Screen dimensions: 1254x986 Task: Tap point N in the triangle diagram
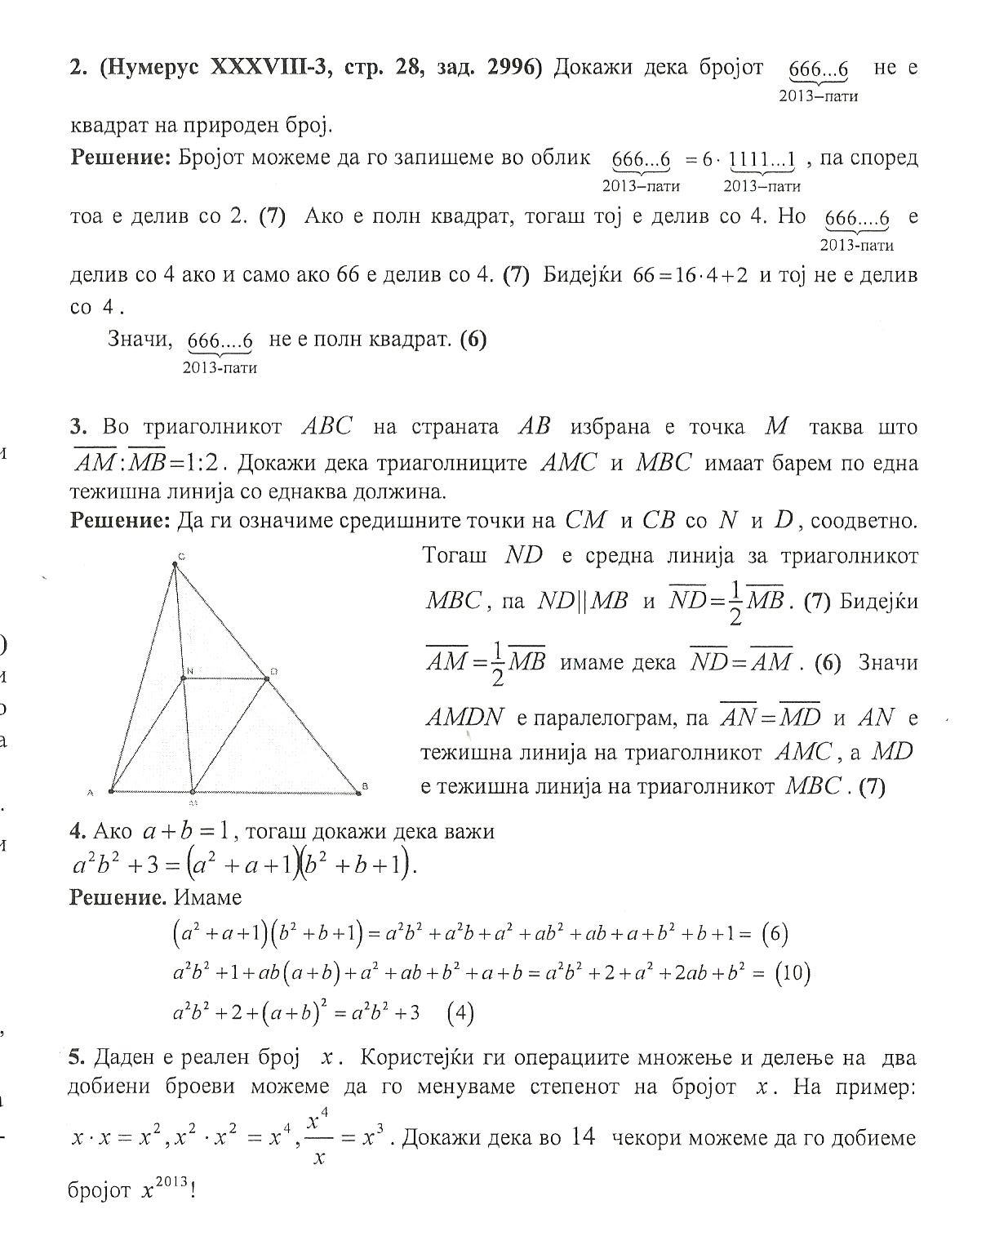[x=184, y=677]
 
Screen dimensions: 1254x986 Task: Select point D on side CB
[x=267, y=677]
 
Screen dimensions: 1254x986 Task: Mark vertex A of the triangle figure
[x=110, y=791]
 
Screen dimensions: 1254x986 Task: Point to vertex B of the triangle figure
[x=358, y=790]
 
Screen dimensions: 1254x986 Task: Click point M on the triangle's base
[x=193, y=791]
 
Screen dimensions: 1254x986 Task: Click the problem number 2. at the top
[x=78, y=68]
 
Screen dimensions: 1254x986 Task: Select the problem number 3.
[x=78, y=427]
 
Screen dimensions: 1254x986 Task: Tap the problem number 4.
[x=78, y=831]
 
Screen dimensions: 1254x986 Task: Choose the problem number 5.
[x=78, y=1057]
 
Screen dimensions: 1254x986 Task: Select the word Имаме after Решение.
[x=208, y=897]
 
